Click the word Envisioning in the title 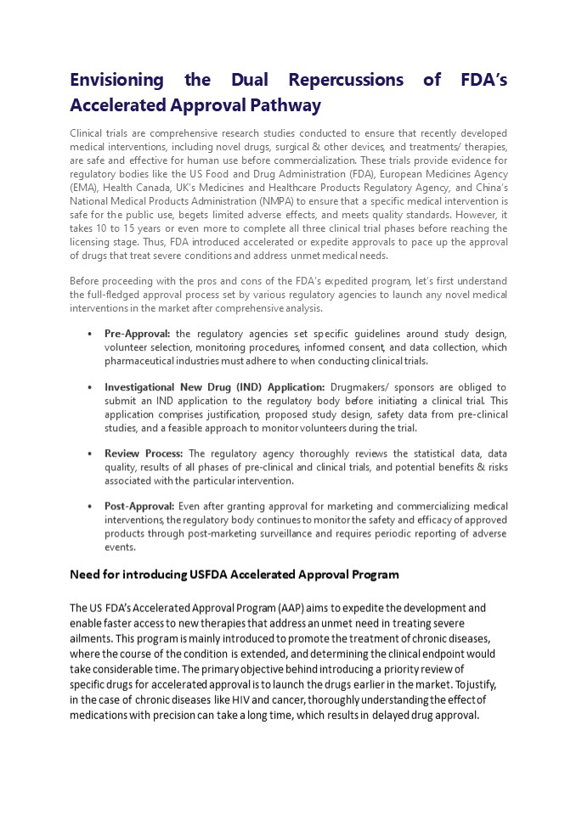tap(116, 80)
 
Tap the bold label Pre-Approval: tap(137, 334)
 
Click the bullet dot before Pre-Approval tap(90, 334)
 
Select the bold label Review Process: tap(144, 453)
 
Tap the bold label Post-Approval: tap(139, 506)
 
